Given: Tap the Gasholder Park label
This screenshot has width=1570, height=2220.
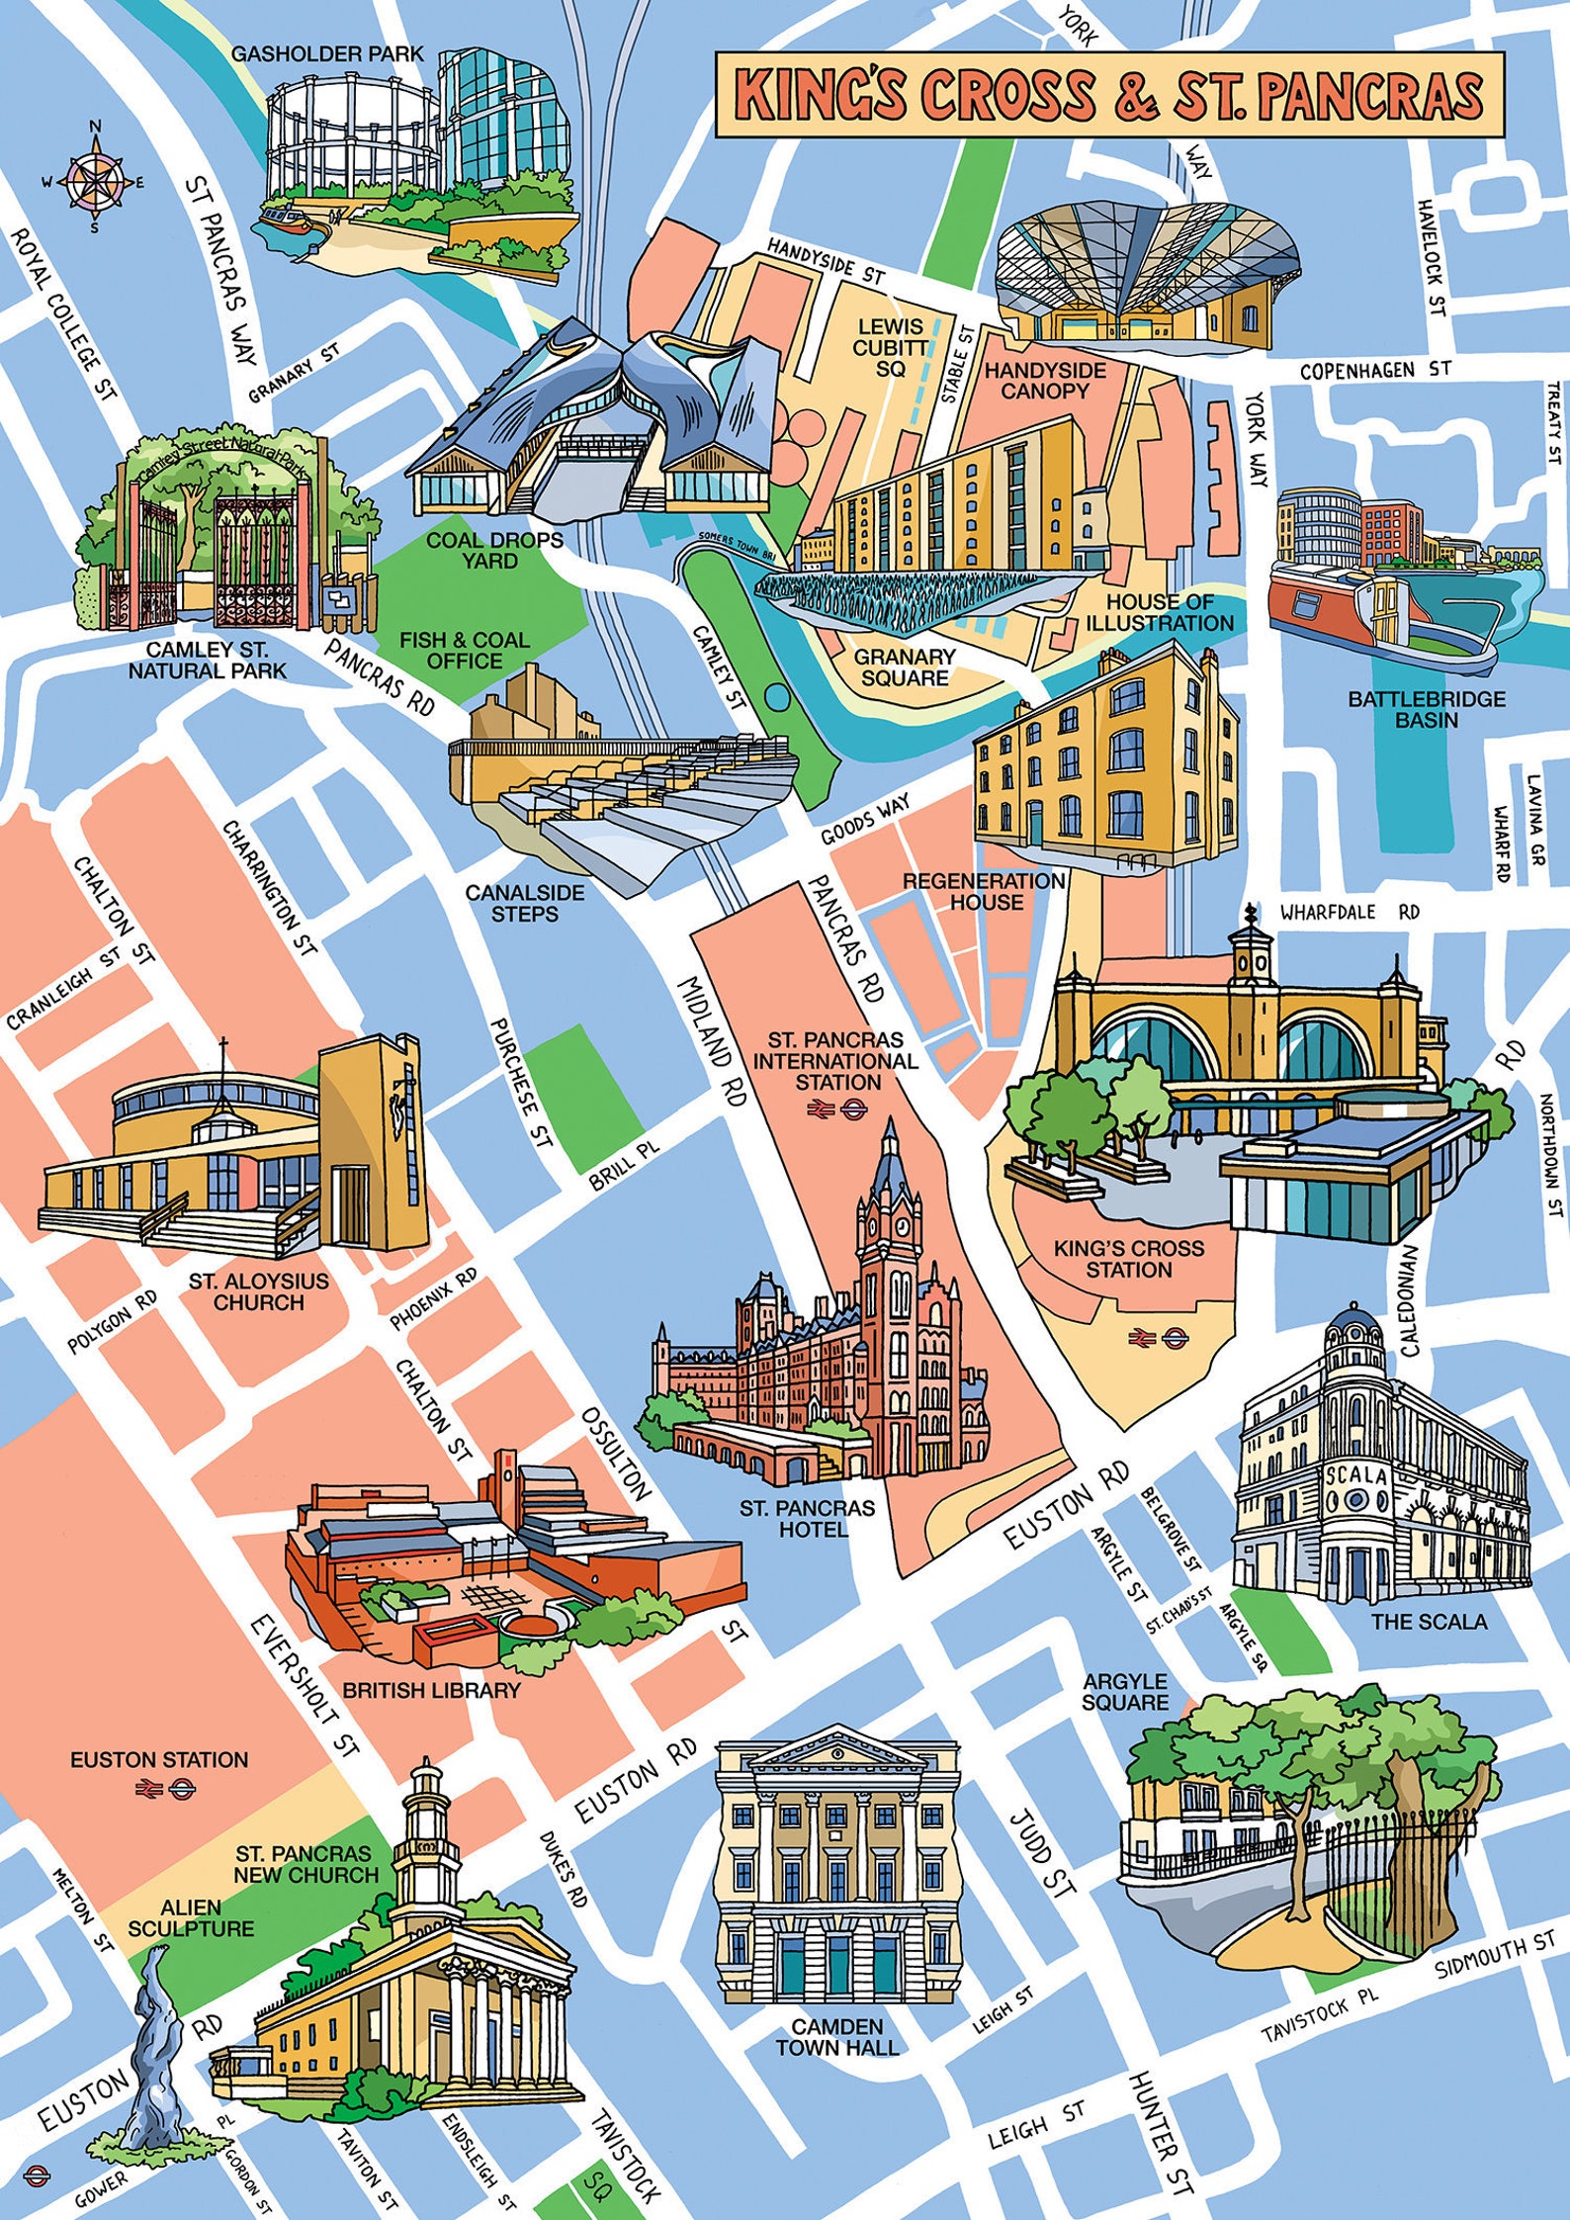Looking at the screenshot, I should point(327,53).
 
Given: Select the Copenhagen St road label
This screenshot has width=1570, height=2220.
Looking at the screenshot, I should point(1375,371).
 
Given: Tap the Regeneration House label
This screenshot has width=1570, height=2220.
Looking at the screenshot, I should point(984,890).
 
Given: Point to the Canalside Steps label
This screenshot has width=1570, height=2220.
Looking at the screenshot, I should point(525,903).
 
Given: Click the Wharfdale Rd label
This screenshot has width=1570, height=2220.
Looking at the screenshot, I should point(1350,911).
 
